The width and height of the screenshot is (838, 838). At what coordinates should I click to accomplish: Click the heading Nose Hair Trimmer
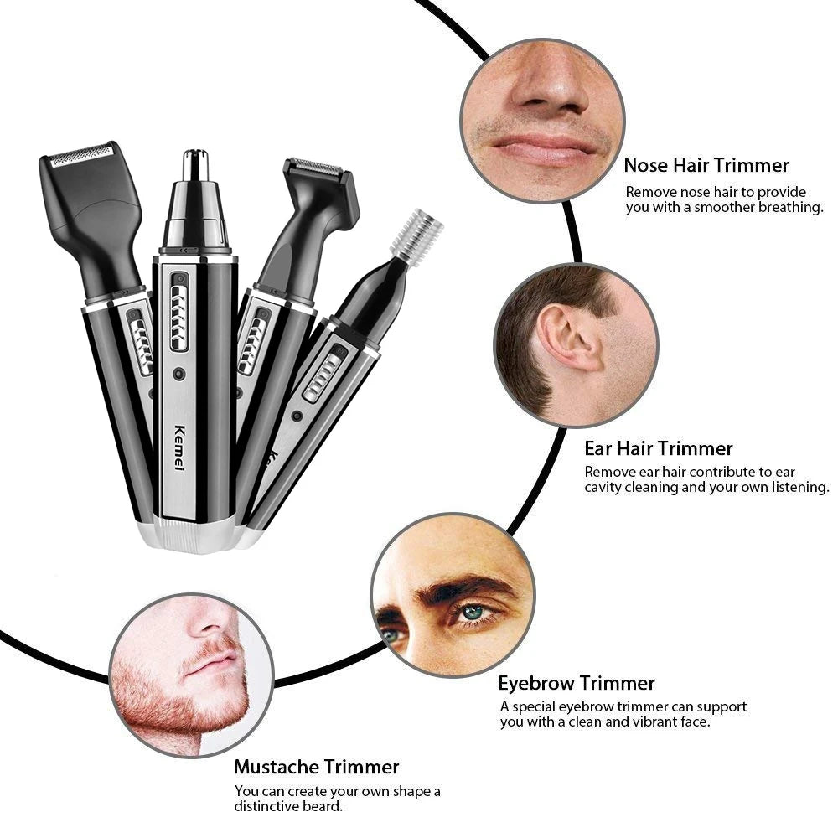(x=706, y=165)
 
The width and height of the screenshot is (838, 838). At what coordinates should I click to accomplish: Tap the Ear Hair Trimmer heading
(x=659, y=448)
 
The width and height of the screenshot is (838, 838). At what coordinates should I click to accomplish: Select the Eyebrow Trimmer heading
(x=577, y=683)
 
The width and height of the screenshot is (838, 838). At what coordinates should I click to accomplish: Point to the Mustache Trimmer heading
(x=316, y=766)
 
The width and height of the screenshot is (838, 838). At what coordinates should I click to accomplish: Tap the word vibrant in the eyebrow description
(x=638, y=722)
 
